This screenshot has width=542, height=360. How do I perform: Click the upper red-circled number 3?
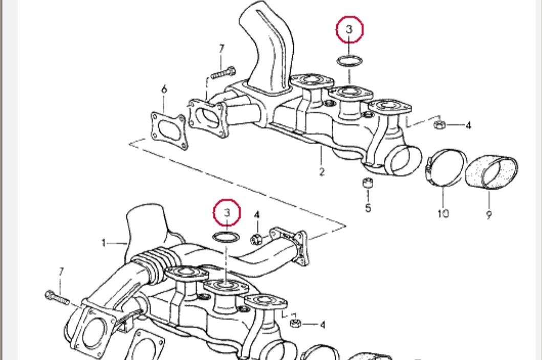pos(350,29)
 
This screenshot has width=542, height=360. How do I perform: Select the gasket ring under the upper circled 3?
pos(350,61)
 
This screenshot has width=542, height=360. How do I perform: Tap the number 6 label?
pos(164,89)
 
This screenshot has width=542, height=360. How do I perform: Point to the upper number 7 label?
pos(222,49)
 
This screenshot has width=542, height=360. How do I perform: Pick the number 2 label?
pos(321,172)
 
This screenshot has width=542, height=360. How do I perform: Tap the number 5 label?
pos(368,208)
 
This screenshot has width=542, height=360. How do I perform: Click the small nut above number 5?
pos(367,183)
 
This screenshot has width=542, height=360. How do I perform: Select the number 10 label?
pos(443,213)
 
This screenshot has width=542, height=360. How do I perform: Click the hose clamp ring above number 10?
pos(444,168)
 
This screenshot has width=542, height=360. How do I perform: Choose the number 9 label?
pos(489,215)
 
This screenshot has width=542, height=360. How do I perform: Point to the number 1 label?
pos(103,242)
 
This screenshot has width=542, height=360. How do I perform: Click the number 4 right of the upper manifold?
pos(468,125)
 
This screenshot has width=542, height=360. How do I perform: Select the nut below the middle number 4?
pos(257,238)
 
